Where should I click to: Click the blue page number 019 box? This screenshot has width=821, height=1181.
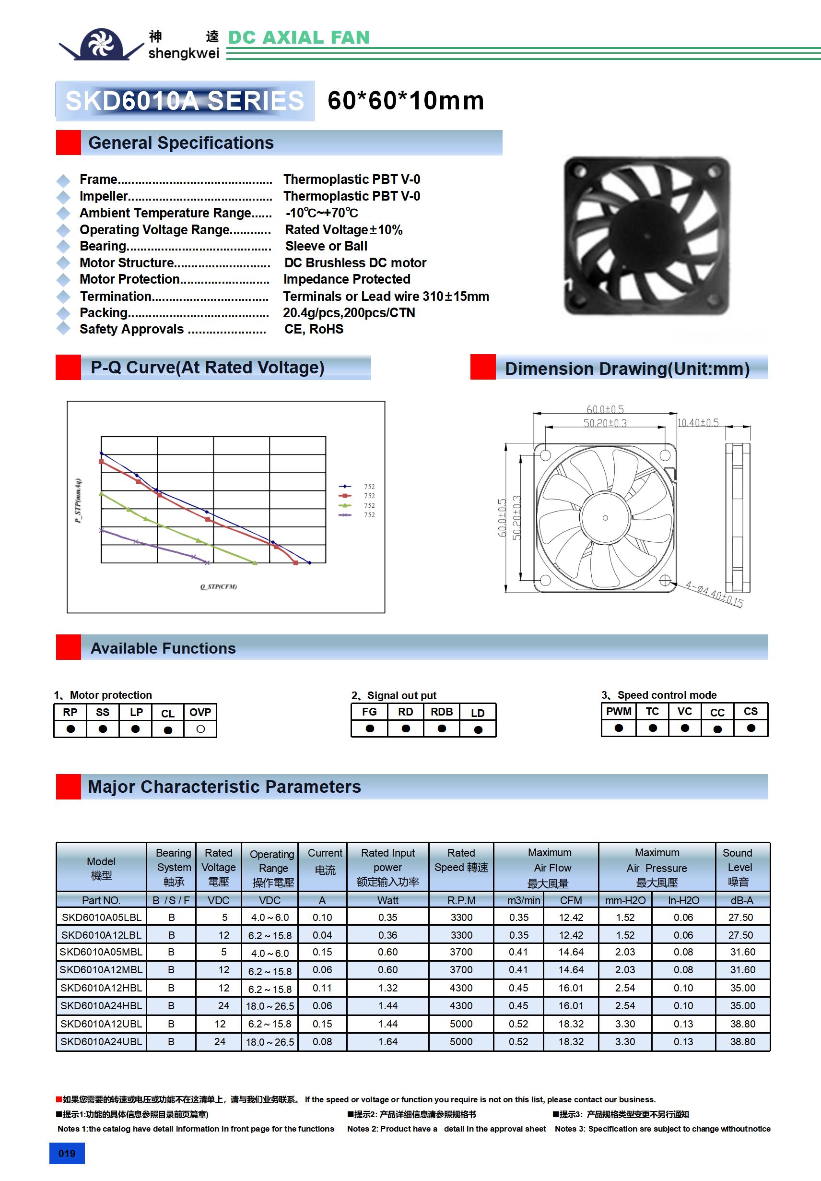pos(67,1153)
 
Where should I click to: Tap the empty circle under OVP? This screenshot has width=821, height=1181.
pos(200,729)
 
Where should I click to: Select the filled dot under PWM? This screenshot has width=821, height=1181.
pos(619,728)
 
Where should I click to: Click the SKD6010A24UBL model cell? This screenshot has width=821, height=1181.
pos(101,1042)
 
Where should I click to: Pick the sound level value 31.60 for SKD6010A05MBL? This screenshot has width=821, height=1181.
pos(742,952)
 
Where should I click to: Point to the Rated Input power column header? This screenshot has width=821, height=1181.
pos(387,867)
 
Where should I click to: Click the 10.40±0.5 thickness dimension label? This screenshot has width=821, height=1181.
pos(698,423)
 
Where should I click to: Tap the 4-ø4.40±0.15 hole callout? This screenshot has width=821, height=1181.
pos(714,594)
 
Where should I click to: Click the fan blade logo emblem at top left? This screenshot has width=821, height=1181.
pos(101,44)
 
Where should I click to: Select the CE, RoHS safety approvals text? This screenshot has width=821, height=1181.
pos(314,329)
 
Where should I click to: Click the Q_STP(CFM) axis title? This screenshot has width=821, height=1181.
pos(219,586)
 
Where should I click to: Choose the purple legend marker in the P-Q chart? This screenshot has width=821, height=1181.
pos(345,515)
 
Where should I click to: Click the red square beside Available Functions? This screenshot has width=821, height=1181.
pos(69,647)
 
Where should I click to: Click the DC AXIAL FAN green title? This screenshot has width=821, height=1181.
pos(299,37)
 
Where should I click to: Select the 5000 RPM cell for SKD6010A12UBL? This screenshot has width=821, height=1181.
pos(461,1024)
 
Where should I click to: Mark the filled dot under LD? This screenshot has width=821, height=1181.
pos(478,729)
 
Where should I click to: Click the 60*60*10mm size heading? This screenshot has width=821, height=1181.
pos(406,100)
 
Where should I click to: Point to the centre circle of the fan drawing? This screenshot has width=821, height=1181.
pos(605,517)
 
